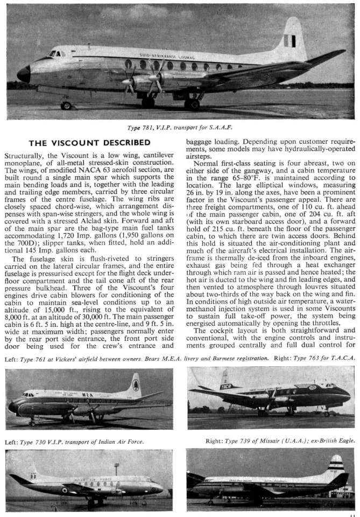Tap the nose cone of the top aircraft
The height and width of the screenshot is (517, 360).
[x=24, y=74]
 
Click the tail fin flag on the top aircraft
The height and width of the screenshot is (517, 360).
[x=289, y=41]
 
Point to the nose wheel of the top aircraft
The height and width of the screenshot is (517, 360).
[x=66, y=105]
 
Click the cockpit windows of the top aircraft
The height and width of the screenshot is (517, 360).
[x=56, y=53]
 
